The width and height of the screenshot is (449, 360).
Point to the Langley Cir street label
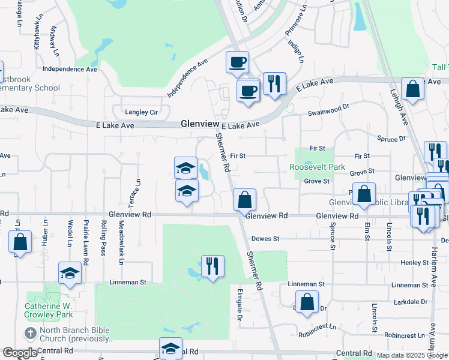141,112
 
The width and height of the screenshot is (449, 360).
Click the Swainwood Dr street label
328,110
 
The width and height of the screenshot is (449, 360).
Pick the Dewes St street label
265,239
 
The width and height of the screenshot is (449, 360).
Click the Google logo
20,353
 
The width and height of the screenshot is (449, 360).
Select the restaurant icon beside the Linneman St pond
212,265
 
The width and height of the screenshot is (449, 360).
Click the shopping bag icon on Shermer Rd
244,199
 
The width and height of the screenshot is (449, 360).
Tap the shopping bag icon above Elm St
364,193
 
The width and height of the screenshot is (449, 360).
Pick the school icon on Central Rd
170,348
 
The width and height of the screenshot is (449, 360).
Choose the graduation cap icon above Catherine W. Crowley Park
70,272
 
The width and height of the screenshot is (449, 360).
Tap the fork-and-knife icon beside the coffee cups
274,83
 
